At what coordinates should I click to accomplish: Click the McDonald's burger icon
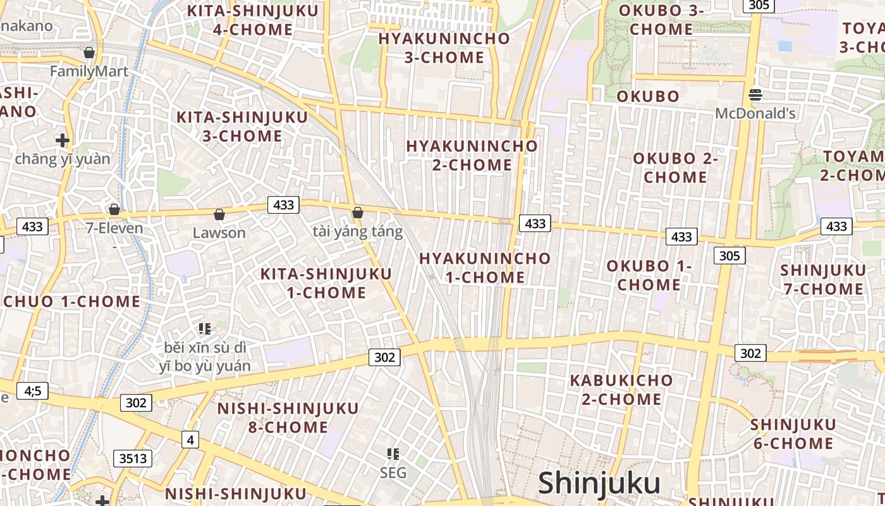tap(755, 96)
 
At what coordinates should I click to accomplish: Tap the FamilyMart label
tap(89, 71)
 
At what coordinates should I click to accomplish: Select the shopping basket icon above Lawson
tap(219, 215)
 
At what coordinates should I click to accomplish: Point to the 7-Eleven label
tap(114, 228)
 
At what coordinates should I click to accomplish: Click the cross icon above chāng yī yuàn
tap(62, 140)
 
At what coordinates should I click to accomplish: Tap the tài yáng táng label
tap(357, 231)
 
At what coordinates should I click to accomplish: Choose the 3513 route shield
tap(133, 459)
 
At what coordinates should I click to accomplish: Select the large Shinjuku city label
tap(599, 483)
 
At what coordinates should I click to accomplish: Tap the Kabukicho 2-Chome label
tap(621, 390)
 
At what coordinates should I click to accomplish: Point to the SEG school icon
tap(393, 454)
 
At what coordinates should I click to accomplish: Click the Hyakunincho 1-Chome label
tap(485, 268)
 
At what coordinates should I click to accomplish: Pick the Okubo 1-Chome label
tap(649, 275)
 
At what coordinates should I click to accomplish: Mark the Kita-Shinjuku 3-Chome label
tap(242, 126)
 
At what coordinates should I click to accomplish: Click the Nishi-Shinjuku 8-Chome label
tap(288, 417)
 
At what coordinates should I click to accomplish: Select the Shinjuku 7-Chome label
tap(822, 280)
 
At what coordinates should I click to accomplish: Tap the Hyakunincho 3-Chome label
tap(444, 47)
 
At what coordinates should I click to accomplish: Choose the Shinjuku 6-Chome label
tap(793, 433)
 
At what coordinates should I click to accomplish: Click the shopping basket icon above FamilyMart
tap(89, 52)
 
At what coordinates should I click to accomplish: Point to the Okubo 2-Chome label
tap(675, 168)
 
